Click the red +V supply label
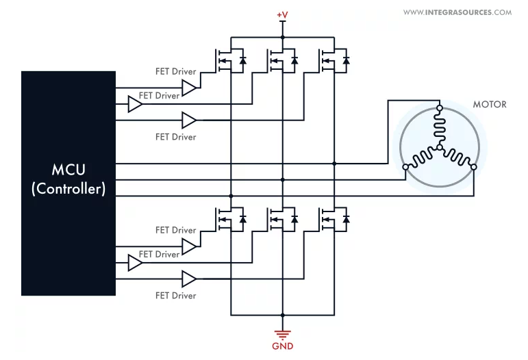coord(282,15)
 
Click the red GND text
coord(283,346)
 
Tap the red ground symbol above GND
coord(283,335)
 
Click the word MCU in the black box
coord(68,170)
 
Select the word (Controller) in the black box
coord(68,189)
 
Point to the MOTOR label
coord(490,104)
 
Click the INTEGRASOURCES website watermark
coord(457,12)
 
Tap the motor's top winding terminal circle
coord(440,108)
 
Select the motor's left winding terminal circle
coord(406,167)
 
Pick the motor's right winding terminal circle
coord(474,167)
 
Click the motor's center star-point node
coord(440,147)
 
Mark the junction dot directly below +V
coord(283,38)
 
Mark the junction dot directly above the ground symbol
coord(283,316)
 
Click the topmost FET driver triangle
coord(189,88)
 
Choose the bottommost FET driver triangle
coord(189,279)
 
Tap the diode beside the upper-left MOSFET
coord(242,60)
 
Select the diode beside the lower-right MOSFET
coord(346,220)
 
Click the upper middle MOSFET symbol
coord(275,61)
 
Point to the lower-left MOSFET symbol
coord(223,220)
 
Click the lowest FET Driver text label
coord(176,296)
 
